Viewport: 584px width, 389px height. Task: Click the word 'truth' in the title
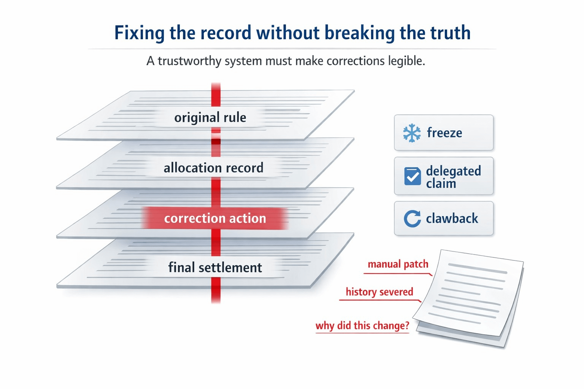pos(450,33)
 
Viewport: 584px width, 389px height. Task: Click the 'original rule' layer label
pos(210,117)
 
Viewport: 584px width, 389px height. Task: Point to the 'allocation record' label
pos(213,168)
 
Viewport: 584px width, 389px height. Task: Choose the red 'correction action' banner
pos(215,218)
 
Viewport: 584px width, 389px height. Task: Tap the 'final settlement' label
pos(215,267)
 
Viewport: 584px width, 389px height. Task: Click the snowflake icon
pos(412,133)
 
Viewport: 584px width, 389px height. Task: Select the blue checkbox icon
pos(413,176)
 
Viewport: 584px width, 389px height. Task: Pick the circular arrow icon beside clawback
pos(412,219)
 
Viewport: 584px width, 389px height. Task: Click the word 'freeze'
pos(444,133)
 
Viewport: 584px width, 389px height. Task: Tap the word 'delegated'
pos(453,171)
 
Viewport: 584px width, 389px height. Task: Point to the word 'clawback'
pos(452,218)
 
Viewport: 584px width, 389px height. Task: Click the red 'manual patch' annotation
pos(398,264)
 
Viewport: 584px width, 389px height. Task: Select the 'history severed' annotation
pos(379,292)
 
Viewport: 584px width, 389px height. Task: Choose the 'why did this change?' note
pos(362,326)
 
